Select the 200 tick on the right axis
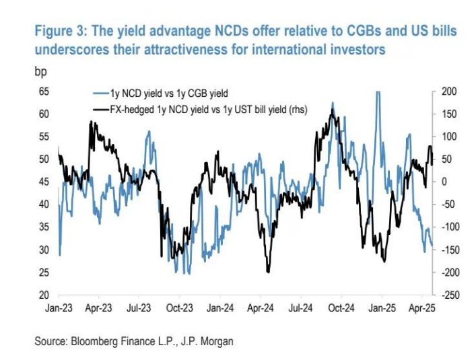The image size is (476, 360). click(448, 91)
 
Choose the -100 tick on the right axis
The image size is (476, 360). click(448, 227)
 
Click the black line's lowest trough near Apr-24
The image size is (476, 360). click(268, 272)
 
